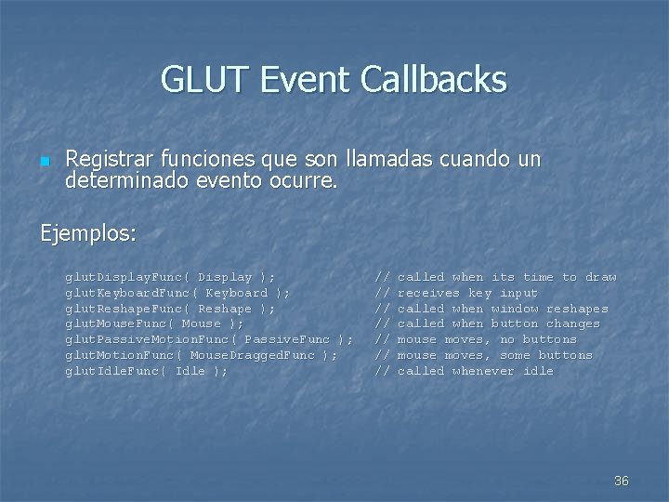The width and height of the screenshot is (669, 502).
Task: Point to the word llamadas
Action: coord(390,159)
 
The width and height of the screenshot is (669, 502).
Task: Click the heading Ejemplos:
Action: coord(88,231)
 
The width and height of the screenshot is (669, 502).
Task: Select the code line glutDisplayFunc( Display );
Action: coord(169,277)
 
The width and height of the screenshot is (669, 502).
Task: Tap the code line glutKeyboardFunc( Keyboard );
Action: coord(177,293)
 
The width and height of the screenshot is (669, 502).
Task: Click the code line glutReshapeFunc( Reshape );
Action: coord(169,309)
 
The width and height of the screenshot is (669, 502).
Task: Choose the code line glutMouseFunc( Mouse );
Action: coord(153,324)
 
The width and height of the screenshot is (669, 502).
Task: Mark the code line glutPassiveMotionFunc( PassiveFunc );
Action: coord(208,339)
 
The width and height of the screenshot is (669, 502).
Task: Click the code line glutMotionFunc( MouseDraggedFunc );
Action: coord(201,355)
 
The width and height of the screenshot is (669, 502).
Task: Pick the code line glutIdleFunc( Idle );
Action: coord(146,371)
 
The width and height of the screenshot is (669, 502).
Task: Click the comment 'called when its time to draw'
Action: coord(506,277)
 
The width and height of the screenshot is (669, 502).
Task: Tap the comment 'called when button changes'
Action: coord(498,324)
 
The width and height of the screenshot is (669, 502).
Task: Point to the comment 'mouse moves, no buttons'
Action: coord(487,339)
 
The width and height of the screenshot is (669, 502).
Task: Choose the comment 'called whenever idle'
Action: coord(475,371)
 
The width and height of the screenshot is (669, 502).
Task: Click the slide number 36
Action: coord(622,481)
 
